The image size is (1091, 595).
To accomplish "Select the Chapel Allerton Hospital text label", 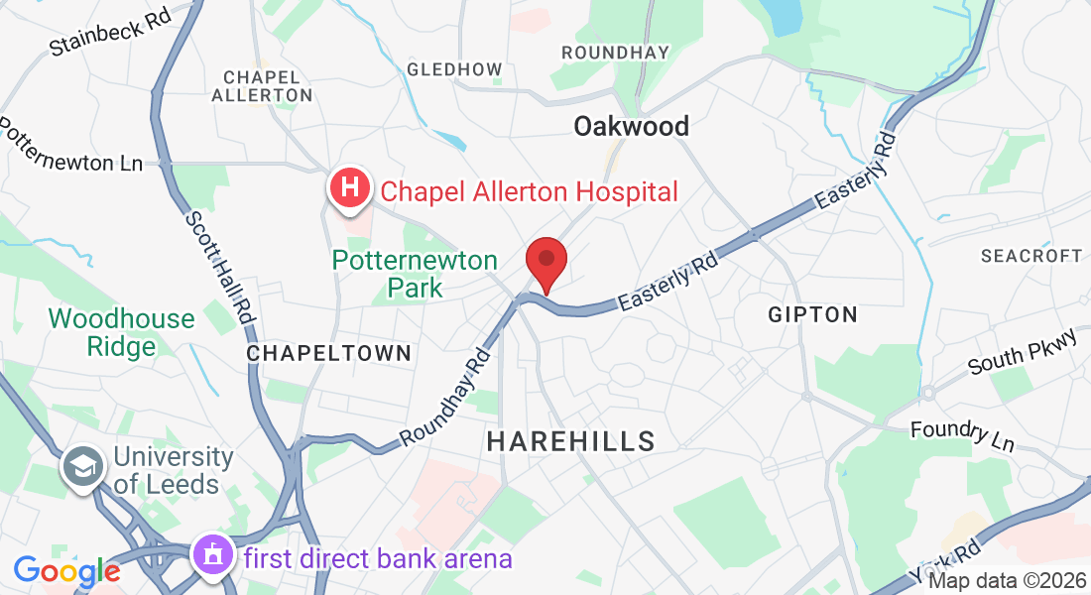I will pyautogui.click(x=529, y=191).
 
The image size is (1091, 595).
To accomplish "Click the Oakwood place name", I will pyautogui.click(x=631, y=126).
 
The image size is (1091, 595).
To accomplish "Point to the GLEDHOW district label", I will pyautogui.click(x=454, y=69).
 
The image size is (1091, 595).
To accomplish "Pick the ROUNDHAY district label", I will pyautogui.click(x=615, y=52).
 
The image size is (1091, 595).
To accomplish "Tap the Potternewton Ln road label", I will pyautogui.click(x=69, y=149).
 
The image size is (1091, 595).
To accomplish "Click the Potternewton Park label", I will pyautogui.click(x=415, y=274).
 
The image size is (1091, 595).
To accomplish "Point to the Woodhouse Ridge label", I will pyautogui.click(x=121, y=332).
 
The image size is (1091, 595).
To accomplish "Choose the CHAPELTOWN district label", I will pyautogui.click(x=328, y=353).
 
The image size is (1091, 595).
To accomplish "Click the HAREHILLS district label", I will pyautogui.click(x=571, y=441).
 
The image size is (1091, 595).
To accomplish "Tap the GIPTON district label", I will pyautogui.click(x=812, y=314).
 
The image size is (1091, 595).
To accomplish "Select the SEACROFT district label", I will pyautogui.click(x=1030, y=256).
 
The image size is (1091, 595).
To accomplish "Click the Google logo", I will pyautogui.click(x=66, y=571).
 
